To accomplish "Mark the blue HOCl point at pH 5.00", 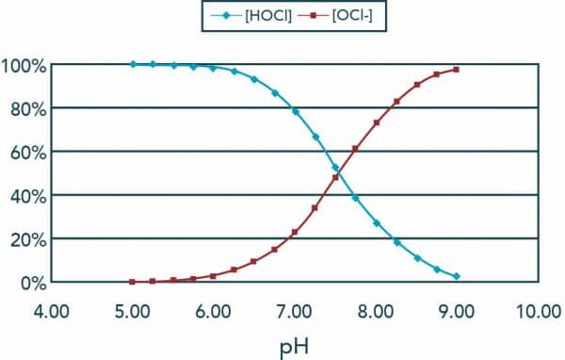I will pos(133,64).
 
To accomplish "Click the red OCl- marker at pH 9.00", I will pos(457,70).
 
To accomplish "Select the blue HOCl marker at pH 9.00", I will pos(457,276).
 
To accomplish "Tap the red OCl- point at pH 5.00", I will pos(133,282).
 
